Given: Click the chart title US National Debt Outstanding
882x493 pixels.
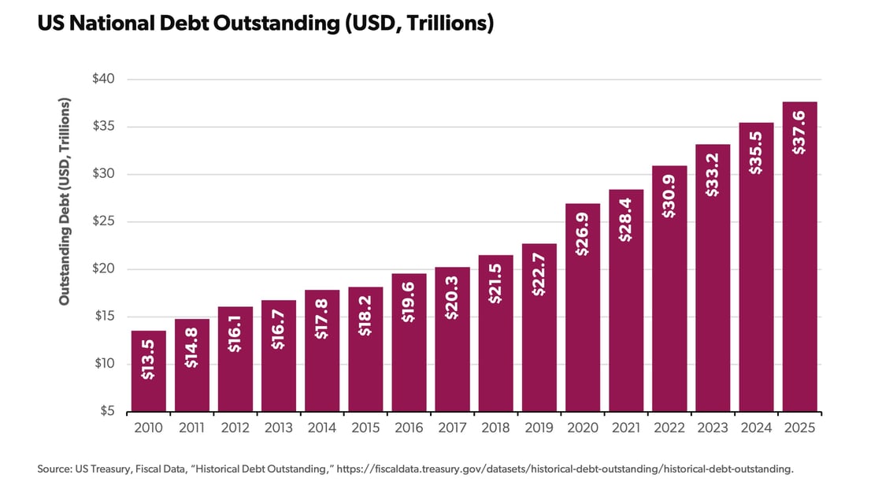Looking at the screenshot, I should click(265, 24).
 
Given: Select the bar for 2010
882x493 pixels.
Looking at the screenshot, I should click(149, 371).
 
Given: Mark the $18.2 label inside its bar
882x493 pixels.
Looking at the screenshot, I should click(365, 318).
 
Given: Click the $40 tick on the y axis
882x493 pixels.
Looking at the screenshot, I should click(104, 80).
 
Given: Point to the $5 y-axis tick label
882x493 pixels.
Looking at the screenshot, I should click(107, 411).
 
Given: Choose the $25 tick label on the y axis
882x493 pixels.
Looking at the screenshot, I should click(104, 221).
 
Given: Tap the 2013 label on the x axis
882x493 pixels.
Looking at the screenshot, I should click(279, 428).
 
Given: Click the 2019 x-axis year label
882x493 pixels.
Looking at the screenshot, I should click(539, 428).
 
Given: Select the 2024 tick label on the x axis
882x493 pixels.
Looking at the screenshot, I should click(756, 428).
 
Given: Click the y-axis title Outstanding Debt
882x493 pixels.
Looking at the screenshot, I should click(65, 202).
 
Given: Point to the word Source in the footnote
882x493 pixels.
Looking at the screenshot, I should click(54, 469).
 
